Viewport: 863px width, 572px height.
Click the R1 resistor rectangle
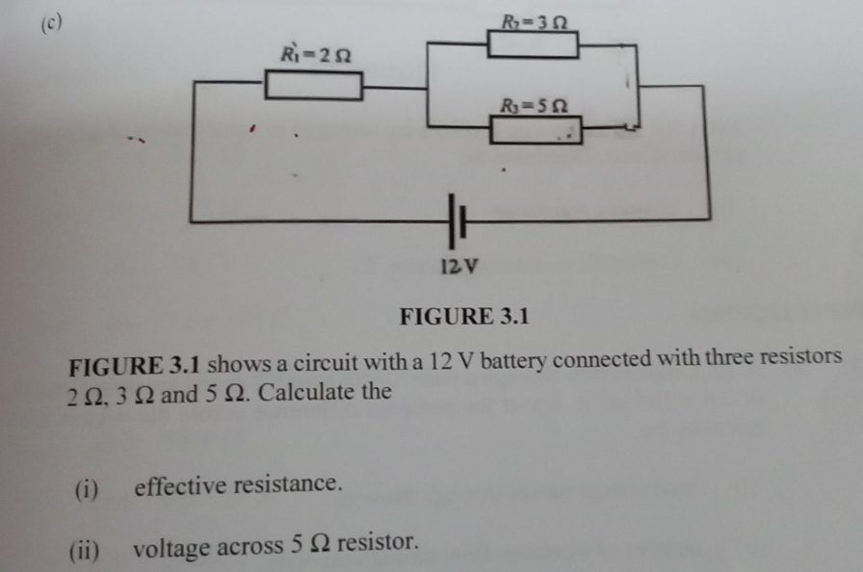coord(314,86)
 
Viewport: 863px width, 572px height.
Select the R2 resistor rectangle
coord(533,45)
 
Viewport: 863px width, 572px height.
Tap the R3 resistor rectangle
coord(536,130)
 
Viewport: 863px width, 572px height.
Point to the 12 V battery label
coord(458,266)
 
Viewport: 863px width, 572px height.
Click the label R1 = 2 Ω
coord(316,53)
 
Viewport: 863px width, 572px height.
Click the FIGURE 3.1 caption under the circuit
coord(465,316)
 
